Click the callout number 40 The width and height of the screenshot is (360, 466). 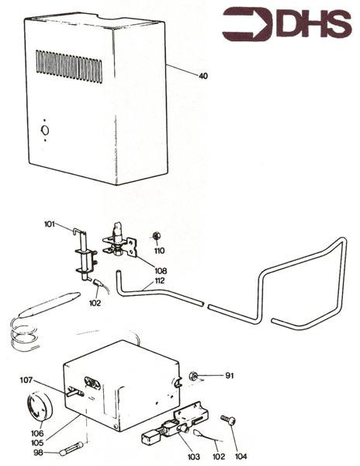pyautogui.click(x=203, y=76)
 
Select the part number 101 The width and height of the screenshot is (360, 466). pyautogui.click(x=49, y=225)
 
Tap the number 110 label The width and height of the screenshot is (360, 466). pyautogui.click(x=160, y=251)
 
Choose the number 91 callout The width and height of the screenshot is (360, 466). pyautogui.click(x=230, y=376)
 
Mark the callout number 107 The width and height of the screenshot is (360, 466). pyautogui.click(x=48, y=380)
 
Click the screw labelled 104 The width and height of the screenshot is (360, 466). pyautogui.click(x=227, y=420)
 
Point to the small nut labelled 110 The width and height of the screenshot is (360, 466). pyautogui.click(x=157, y=236)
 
